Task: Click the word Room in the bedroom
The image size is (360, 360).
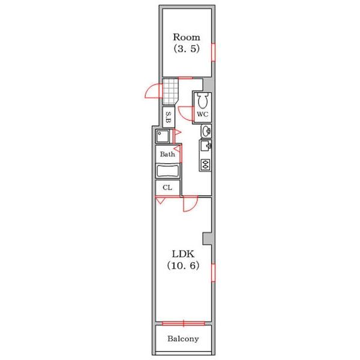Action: click(x=187, y=37)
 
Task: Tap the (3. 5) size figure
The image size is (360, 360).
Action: click(x=187, y=49)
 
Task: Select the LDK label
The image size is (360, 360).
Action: click(x=183, y=254)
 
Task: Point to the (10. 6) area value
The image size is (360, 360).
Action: click(x=183, y=266)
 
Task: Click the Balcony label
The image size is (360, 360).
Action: click(x=183, y=338)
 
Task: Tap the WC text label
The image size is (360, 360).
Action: click(x=203, y=114)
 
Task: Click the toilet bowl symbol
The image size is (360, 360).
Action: click(x=203, y=101)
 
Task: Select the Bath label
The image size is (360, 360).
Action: click(x=167, y=154)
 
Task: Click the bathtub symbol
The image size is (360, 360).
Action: click(x=167, y=171)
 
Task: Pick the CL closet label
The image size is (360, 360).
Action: click(x=167, y=188)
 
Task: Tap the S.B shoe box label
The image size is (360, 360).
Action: click(x=169, y=117)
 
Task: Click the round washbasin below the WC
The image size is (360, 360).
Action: click(x=206, y=131)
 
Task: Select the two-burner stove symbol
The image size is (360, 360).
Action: click(x=205, y=164)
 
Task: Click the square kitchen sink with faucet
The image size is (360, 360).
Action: click(x=205, y=146)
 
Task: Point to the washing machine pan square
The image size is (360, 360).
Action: click(x=163, y=136)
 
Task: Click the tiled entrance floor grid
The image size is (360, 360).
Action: click(x=170, y=92)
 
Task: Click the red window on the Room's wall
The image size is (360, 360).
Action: click(x=213, y=52)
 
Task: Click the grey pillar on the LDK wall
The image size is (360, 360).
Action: click(x=207, y=239)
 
